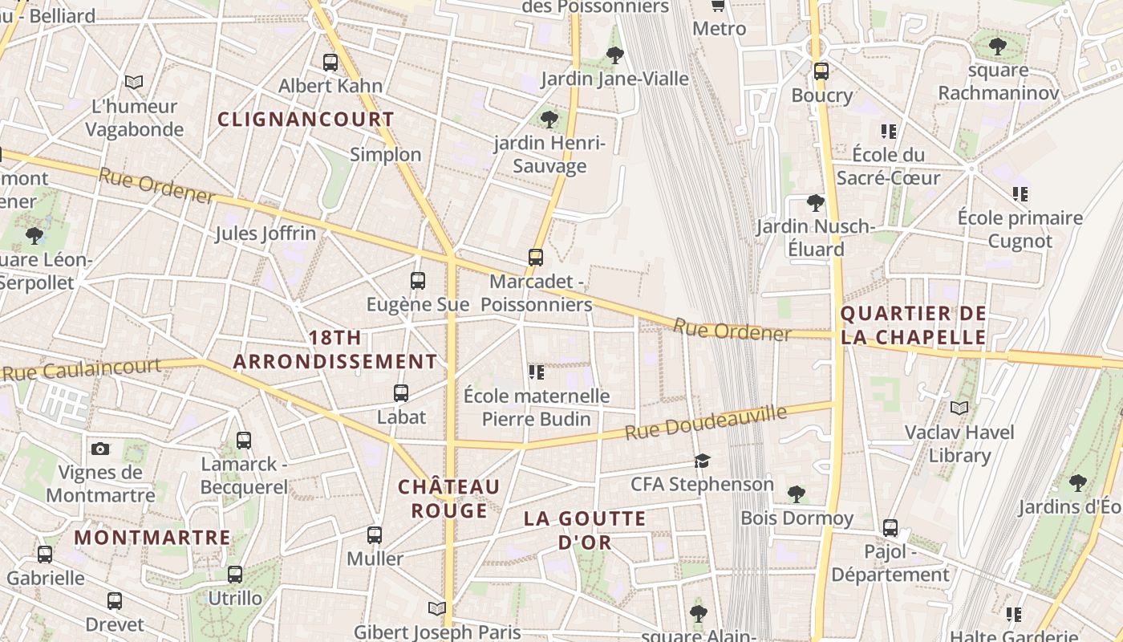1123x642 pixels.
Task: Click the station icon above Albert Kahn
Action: [x=330, y=62]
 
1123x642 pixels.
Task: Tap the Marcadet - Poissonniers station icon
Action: [x=536, y=258]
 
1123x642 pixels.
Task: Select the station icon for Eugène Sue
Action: [x=417, y=281]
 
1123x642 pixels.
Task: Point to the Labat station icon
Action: [x=401, y=393]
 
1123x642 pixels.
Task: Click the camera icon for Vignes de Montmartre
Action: [x=100, y=449]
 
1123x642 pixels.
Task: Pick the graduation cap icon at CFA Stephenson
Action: [x=702, y=461]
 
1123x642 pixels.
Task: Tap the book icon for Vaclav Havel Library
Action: [x=959, y=408]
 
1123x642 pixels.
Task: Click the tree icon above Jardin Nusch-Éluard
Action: [x=816, y=203]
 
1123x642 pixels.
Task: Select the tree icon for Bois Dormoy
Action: [x=796, y=494]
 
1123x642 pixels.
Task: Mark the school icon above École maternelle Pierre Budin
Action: [x=537, y=372]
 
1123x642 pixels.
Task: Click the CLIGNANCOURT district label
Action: [x=306, y=120]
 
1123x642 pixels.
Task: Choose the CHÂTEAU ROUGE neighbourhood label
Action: [x=448, y=498]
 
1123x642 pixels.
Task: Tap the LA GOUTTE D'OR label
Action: [x=585, y=530]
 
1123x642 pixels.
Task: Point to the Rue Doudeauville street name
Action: [x=706, y=423]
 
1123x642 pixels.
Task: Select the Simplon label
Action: [x=385, y=154]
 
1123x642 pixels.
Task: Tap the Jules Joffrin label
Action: [x=266, y=234]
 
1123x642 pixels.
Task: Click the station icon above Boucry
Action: [x=821, y=71]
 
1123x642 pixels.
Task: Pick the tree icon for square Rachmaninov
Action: [x=998, y=47]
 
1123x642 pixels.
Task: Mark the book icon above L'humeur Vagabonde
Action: [x=134, y=82]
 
